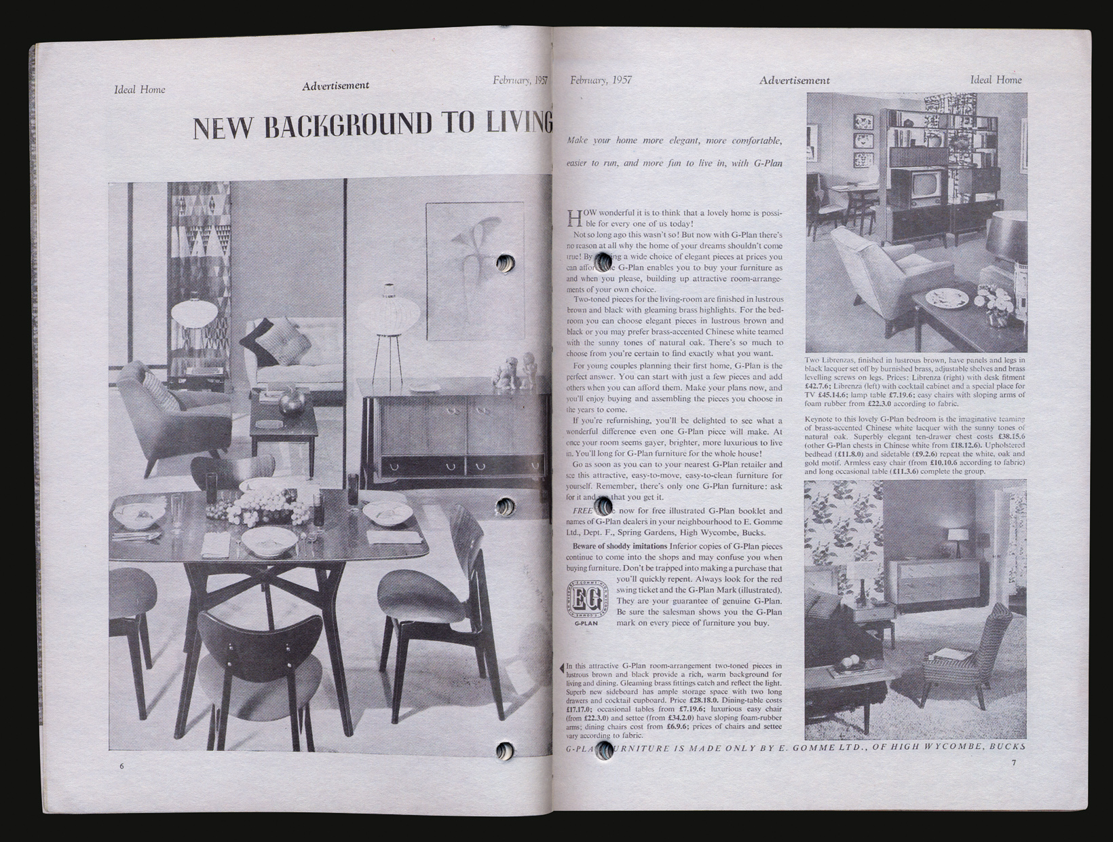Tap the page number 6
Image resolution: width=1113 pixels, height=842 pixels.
coord(121,765)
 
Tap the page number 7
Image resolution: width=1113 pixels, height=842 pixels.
coord(1013,763)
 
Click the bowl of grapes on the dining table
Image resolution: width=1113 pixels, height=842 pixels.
coord(262,506)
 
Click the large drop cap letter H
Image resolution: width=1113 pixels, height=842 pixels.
coord(574,218)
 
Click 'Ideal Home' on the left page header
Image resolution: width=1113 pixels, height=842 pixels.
coord(140,89)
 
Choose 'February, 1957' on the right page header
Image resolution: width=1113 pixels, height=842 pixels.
coord(601,79)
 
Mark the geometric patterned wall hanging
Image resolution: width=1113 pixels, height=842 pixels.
coord(199,258)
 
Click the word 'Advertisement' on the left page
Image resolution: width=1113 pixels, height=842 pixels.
coord(336,86)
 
